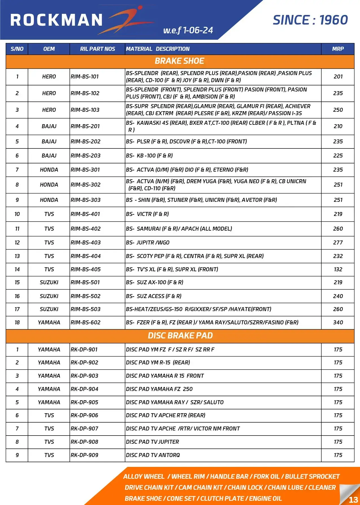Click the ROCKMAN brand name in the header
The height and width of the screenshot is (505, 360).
tap(56, 20)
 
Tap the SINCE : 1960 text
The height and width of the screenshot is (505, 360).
tap(310, 20)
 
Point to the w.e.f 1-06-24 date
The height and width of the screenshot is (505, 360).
tap(188, 30)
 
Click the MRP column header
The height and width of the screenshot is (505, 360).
tap(338, 49)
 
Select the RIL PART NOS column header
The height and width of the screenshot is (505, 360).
tap(97, 49)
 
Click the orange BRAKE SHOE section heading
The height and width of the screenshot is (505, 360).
tap(180, 61)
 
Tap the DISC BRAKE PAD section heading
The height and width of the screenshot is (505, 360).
tap(180, 336)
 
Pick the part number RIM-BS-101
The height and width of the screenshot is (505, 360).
tap(85, 76)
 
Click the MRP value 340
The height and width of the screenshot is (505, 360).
tap(338, 322)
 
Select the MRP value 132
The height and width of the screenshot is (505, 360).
tap(338, 269)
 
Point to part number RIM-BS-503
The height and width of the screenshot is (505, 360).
tap(86, 309)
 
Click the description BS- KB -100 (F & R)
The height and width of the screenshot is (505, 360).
tap(149, 156)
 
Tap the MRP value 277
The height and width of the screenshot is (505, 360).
tap(338, 242)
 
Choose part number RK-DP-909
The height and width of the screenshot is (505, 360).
tap(84, 455)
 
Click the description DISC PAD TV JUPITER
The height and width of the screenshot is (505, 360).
tap(152, 442)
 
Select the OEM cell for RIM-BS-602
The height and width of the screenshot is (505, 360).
tap(49, 322)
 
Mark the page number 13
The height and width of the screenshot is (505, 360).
tap(353, 500)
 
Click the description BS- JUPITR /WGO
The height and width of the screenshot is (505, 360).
tap(148, 242)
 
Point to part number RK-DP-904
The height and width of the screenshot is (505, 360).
tap(84, 389)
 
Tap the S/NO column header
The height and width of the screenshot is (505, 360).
tap(17, 49)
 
